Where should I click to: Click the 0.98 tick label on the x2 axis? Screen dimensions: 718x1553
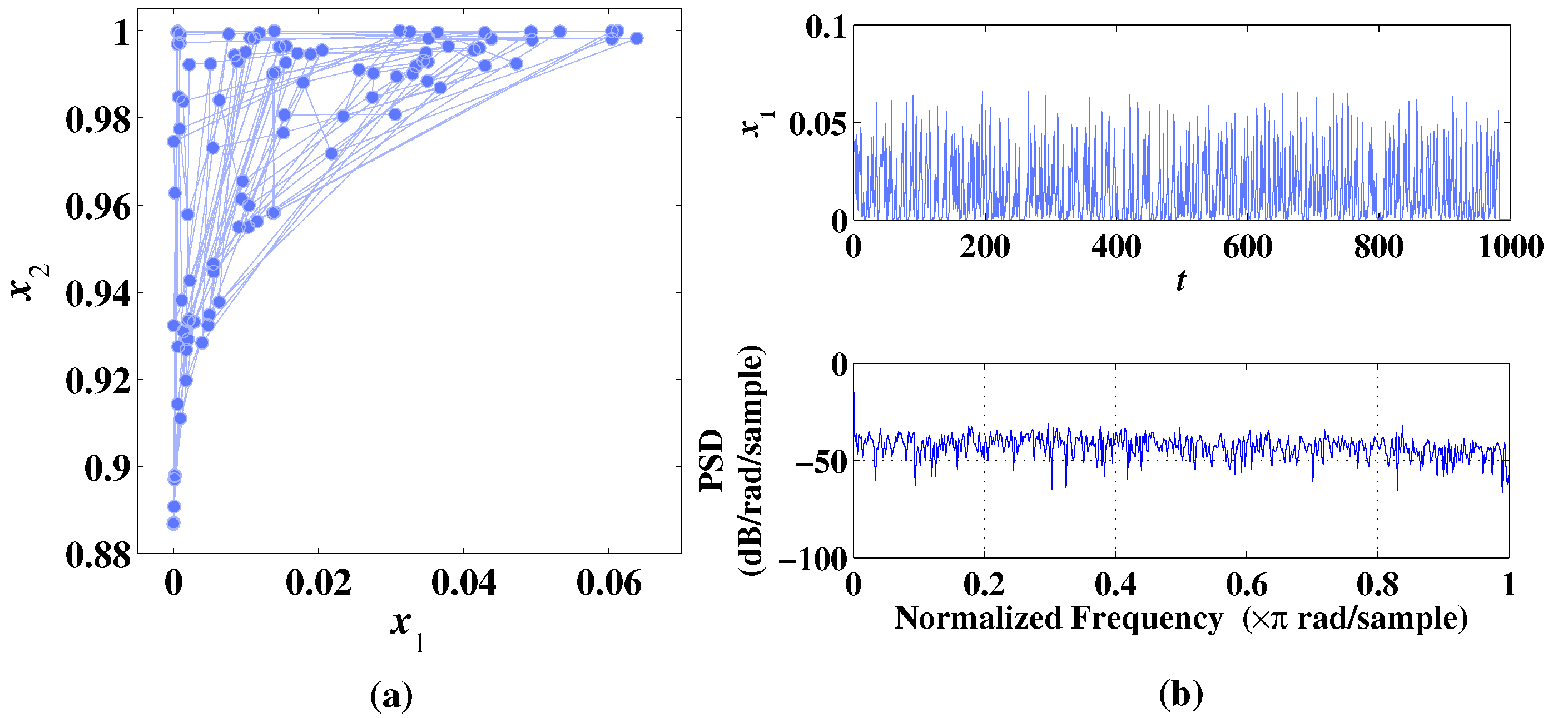click(98, 121)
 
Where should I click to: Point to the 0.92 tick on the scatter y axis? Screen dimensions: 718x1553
click(98, 382)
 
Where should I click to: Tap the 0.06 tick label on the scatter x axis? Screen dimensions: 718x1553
click(609, 583)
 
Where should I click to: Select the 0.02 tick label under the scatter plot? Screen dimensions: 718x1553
click(318, 583)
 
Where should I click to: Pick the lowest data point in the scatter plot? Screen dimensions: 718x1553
click(173, 523)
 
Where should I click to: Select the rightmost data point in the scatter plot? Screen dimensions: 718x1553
click(637, 38)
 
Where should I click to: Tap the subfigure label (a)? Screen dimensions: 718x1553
click(391, 696)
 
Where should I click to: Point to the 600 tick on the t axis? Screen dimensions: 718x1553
click(1247, 247)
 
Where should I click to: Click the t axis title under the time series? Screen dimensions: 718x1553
click(1181, 281)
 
